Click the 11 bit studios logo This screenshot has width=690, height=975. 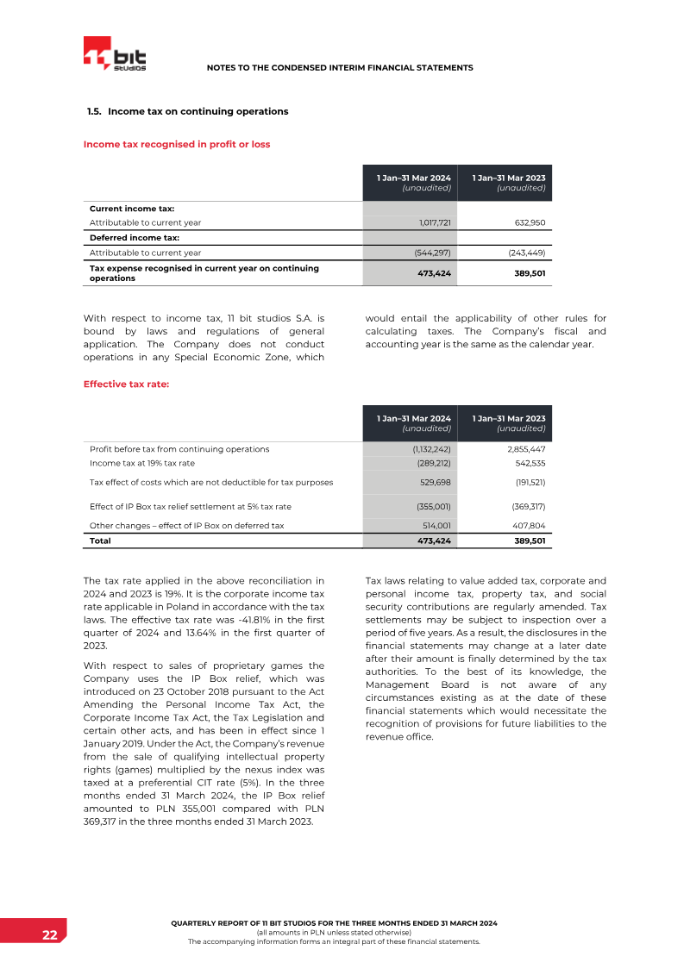pyautogui.click(x=115, y=54)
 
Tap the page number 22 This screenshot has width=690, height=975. pyautogui.click(x=51, y=936)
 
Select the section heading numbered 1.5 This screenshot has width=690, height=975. pyautogui.click(x=188, y=111)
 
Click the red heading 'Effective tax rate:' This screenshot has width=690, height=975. pyautogui.click(x=126, y=384)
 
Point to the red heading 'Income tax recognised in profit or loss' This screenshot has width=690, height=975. pyautogui.click(x=177, y=144)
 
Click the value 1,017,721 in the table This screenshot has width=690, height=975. pyautogui.click(x=430, y=222)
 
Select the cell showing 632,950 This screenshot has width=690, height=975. pyautogui.click(x=526, y=222)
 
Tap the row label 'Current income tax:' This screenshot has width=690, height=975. pyautogui.click(x=132, y=209)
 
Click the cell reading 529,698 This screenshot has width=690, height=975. pyautogui.click(x=433, y=482)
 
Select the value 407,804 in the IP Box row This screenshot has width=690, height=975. pyautogui.click(x=525, y=525)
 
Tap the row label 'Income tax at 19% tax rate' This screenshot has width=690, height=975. pyautogui.click(x=142, y=463)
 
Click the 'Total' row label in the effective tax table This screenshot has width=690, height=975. pyautogui.click(x=100, y=541)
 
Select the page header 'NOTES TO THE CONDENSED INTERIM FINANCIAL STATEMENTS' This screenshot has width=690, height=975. pyautogui.click(x=340, y=67)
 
